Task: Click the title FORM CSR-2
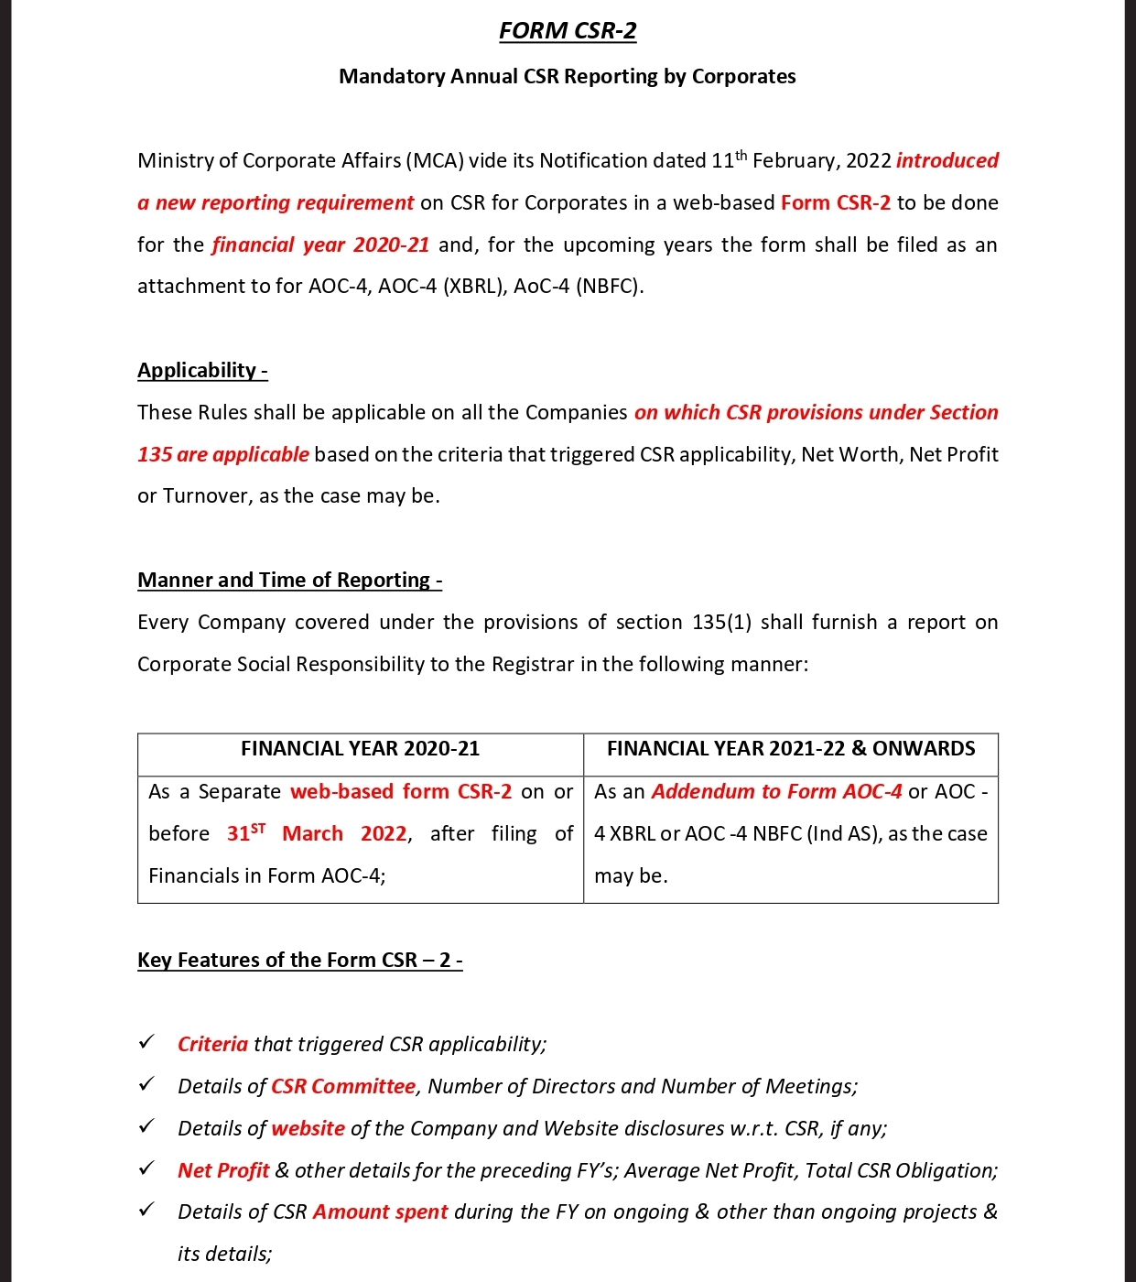[x=568, y=31]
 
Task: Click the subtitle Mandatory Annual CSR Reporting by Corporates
[x=568, y=76]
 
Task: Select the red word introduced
[x=947, y=161]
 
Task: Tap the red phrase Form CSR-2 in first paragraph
[x=835, y=203]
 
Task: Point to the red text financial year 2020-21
[x=320, y=245]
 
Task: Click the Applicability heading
[x=202, y=371]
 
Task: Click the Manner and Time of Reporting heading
[x=289, y=581]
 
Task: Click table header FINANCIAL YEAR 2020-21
[x=360, y=749]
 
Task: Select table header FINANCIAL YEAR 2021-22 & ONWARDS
[x=791, y=749]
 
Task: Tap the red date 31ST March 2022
[x=316, y=834]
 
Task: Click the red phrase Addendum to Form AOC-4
[x=776, y=792]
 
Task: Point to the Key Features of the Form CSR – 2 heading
[x=299, y=961]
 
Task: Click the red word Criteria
[x=212, y=1045]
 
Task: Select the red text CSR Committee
[x=343, y=1087]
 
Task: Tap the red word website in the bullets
[x=308, y=1129]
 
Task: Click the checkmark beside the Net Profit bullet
[x=146, y=1168]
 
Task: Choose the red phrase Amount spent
[x=380, y=1212]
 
